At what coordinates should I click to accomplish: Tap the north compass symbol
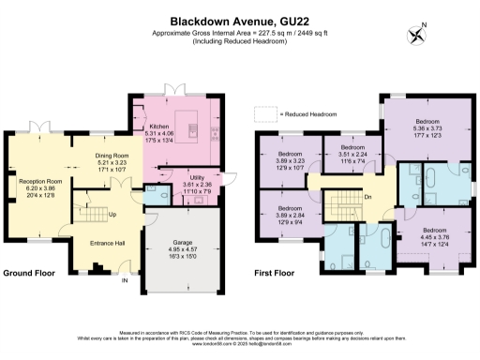(416, 36)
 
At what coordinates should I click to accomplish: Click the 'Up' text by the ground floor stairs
(113, 215)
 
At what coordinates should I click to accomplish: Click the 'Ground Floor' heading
(27, 274)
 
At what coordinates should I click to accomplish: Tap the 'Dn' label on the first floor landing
(368, 197)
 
